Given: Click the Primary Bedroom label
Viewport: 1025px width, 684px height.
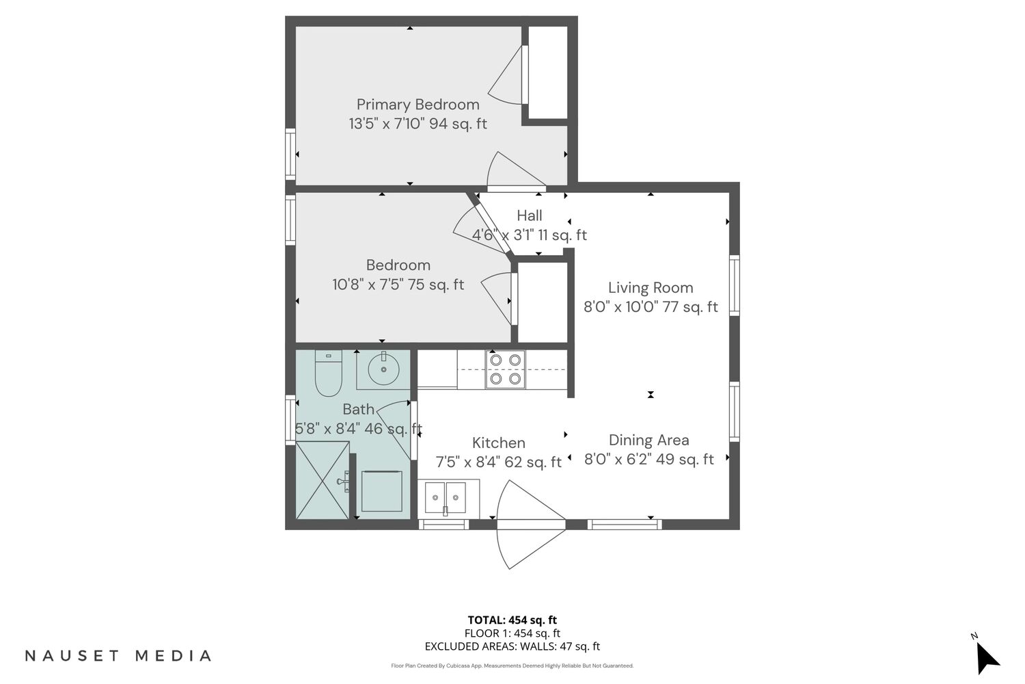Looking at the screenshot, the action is [x=418, y=105].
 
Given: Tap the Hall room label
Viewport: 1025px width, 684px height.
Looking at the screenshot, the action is [x=530, y=215].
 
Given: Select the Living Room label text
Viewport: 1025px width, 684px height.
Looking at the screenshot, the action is [x=651, y=288].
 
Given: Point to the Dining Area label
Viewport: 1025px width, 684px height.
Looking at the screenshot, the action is [x=649, y=440].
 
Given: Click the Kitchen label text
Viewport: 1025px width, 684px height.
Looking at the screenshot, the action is [x=498, y=443].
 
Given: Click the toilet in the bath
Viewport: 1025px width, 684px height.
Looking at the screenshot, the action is [x=328, y=373].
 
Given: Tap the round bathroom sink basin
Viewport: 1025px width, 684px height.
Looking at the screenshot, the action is [x=383, y=369].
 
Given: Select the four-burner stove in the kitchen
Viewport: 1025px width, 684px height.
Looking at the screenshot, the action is [x=505, y=369].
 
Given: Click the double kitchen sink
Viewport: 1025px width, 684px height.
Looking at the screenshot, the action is [x=446, y=497].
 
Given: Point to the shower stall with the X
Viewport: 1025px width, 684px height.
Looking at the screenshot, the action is [x=322, y=480].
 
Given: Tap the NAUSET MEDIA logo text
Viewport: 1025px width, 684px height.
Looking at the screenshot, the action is [x=118, y=655].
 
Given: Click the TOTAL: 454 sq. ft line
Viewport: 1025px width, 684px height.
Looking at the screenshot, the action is [x=512, y=620].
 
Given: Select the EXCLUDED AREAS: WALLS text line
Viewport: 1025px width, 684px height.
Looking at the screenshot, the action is [x=512, y=646].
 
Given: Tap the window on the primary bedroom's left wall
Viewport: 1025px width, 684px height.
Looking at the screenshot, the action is [x=290, y=155].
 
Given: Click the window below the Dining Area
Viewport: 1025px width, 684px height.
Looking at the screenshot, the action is [x=625, y=525].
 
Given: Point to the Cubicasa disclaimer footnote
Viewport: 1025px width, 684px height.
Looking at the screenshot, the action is [x=512, y=666].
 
